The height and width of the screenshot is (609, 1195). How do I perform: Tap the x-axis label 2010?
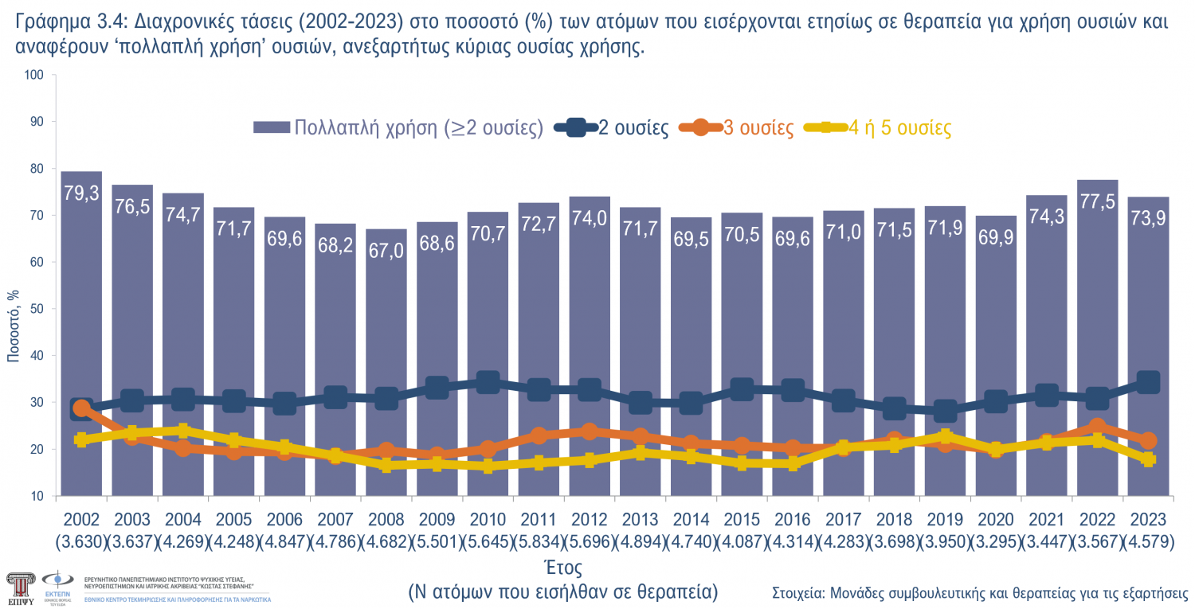pyautogui.click(x=488, y=520)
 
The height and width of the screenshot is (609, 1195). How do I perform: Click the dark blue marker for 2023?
pyautogui.click(x=1147, y=382)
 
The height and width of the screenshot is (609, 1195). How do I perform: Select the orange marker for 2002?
pyautogui.click(x=81, y=408)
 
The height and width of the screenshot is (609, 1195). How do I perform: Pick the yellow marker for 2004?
pyautogui.click(x=183, y=431)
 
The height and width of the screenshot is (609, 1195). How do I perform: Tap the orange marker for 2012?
pyautogui.click(x=589, y=431)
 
